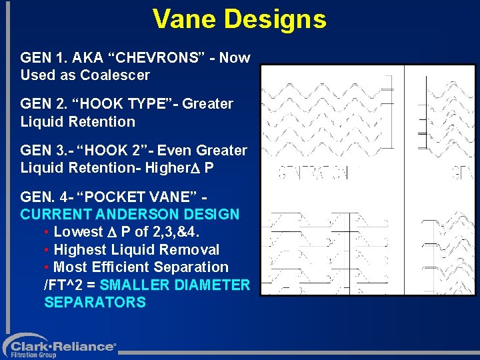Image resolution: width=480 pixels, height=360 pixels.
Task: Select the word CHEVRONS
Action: coord(147,57)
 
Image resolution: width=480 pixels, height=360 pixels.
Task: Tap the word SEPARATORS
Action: coord(95,303)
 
